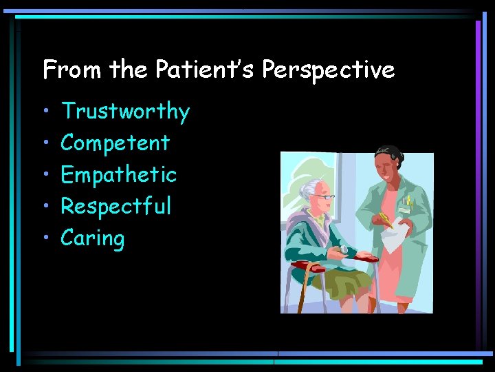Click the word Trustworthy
pyautogui.click(x=125, y=112)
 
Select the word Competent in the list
pyautogui.click(x=115, y=143)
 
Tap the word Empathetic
pyautogui.click(x=118, y=175)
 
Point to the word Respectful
pyautogui.click(x=115, y=206)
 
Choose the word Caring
pyautogui.click(x=93, y=239)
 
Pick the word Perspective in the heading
pyautogui.click(x=329, y=70)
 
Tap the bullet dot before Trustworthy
pyautogui.click(x=45, y=112)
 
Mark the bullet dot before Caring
pyautogui.click(x=45, y=238)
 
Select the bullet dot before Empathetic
pyautogui.click(x=45, y=175)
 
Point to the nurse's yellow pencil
pyautogui.click(x=382, y=219)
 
